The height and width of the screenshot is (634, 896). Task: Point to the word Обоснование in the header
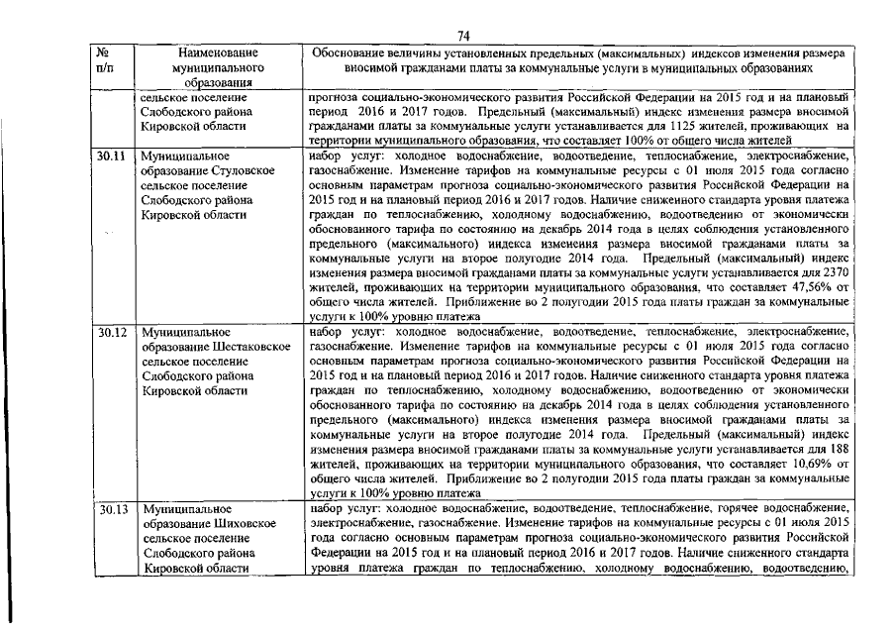pyautogui.click(x=351, y=52)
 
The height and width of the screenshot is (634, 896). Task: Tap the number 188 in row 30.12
pyautogui.click(x=839, y=448)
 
